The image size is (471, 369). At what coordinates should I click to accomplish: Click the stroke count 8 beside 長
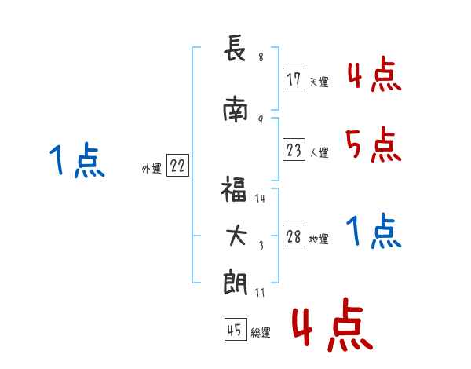(x=260, y=57)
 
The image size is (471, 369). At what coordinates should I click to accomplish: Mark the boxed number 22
(x=177, y=166)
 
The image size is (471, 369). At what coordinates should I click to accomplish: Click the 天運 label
(x=318, y=82)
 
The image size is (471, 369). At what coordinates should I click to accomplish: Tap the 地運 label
(x=318, y=239)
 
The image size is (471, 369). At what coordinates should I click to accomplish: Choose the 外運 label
(x=151, y=168)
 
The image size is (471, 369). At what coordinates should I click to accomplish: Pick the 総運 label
(x=260, y=333)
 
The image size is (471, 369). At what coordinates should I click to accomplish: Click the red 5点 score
(x=373, y=144)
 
